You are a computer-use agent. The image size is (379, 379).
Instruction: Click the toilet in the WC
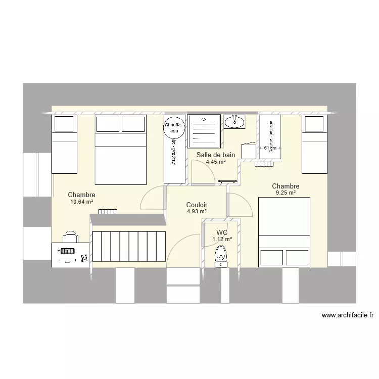[x=220, y=256]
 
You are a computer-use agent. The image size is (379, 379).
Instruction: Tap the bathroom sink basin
[x=234, y=121]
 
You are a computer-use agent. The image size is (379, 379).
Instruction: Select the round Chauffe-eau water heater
[x=172, y=128]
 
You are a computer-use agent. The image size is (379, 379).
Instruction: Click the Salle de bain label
[x=216, y=155]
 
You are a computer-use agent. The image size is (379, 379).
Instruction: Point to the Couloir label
[x=197, y=205]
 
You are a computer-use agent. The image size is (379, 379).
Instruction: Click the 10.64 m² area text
[x=82, y=202]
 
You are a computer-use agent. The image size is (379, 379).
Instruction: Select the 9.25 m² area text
[x=286, y=193]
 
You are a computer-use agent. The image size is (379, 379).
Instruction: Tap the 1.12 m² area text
[x=222, y=240]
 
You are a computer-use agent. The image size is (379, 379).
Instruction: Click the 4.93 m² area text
[x=197, y=212]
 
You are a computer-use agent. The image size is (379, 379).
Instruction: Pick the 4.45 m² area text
[x=216, y=162]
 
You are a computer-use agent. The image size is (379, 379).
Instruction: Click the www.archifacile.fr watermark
[x=348, y=316]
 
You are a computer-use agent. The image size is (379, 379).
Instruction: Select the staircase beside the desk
[x=129, y=246]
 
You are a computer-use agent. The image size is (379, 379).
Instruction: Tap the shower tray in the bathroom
[x=204, y=130]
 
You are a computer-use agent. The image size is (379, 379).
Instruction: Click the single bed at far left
[x=64, y=144]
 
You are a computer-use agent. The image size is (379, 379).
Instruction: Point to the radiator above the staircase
[x=107, y=211]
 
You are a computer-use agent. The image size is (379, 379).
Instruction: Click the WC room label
[x=222, y=232]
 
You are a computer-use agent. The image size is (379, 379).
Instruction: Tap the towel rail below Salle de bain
[x=228, y=181]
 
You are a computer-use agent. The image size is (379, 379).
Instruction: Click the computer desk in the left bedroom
[x=71, y=254]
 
